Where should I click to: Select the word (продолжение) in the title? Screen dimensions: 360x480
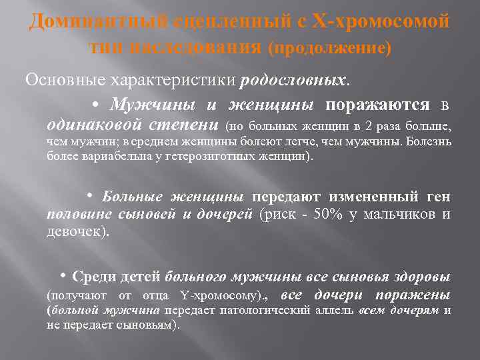(x=330, y=48)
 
